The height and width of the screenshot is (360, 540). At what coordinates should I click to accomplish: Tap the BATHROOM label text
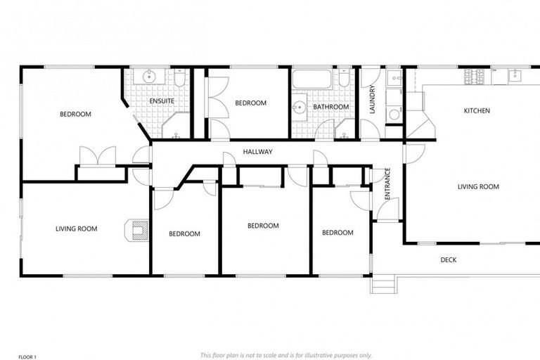(x=331, y=107)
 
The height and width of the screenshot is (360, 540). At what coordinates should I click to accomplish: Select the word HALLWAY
(x=257, y=152)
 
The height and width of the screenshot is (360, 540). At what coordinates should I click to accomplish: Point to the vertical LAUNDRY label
(x=373, y=100)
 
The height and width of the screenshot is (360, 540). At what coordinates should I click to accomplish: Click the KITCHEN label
(x=477, y=110)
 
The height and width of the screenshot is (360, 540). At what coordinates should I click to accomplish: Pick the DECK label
(x=448, y=260)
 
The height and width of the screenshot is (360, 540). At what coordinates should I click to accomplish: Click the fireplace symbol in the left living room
(x=137, y=231)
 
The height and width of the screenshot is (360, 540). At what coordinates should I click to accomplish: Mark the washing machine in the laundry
(x=394, y=114)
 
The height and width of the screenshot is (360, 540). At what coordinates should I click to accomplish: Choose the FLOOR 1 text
(x=27, y=356)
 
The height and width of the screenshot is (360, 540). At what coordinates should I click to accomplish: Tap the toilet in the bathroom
(x=344, y=79)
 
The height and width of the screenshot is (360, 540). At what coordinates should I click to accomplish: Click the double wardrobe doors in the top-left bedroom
(x=97, y=156)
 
